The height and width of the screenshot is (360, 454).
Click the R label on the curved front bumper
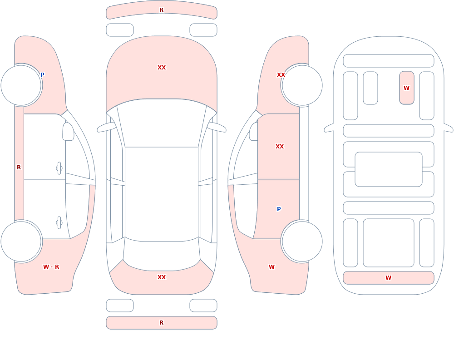[x=161, y=10]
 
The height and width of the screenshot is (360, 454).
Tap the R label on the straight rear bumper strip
[x=161, y=323]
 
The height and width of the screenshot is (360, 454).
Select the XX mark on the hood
[x=162, y=68]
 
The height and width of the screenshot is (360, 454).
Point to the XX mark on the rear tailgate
[x=162, y=277]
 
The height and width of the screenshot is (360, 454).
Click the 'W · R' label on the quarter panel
[x=51, y=267]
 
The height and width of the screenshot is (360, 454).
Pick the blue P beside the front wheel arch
[x=42, y=75]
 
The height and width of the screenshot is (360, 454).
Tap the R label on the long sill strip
[x=19, y=168]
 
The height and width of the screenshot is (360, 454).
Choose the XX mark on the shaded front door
[x=280, y=147]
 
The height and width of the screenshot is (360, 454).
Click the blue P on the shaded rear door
[x=279, y=209]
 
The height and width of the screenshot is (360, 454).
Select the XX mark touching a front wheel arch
[x=281, y=75]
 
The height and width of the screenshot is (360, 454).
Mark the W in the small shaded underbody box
[x=406, y=88]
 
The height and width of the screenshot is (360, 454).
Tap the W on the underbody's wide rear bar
[x=388, y=278]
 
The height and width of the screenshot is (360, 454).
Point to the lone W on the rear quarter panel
[x=271, y=267]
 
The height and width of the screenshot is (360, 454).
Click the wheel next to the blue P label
[x=21, y=85]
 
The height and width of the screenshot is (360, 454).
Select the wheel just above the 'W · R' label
[x=21, y=241]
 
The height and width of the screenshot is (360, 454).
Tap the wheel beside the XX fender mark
[x=302, y=85]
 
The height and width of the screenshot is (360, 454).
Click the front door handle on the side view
[x=59, y=168]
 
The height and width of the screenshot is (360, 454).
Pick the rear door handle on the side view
[x=59, y=223]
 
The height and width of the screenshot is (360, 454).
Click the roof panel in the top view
[x=162, y=194]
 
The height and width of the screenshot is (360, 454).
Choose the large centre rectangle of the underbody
[x=389, y=169]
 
